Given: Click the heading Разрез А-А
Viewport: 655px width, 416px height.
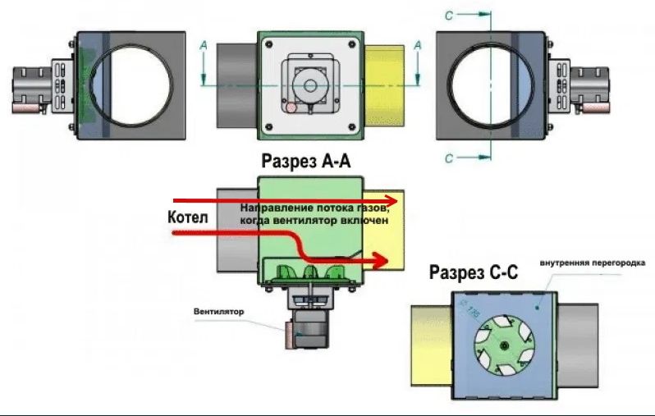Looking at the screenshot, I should pos(305,162).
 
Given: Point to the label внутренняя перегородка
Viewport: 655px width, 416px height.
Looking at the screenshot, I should pos(593,263).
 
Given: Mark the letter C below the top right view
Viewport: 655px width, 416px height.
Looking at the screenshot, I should pos(450,158).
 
